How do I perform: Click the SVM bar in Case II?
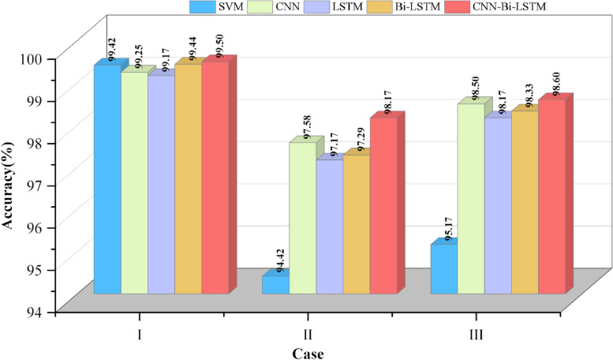pyautogui.click(x=275, y=284)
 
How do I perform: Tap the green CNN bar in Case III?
pyautogui.click(x=470, y=198)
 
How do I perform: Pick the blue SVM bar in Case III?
pyautogui.click(x=443, y=268)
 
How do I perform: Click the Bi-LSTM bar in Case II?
pyautogui.click(x=356, y=224)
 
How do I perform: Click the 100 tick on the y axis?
pyautogui.click(x=43, y=58)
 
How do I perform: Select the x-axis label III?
pyautogui.click(x=476, y=334)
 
